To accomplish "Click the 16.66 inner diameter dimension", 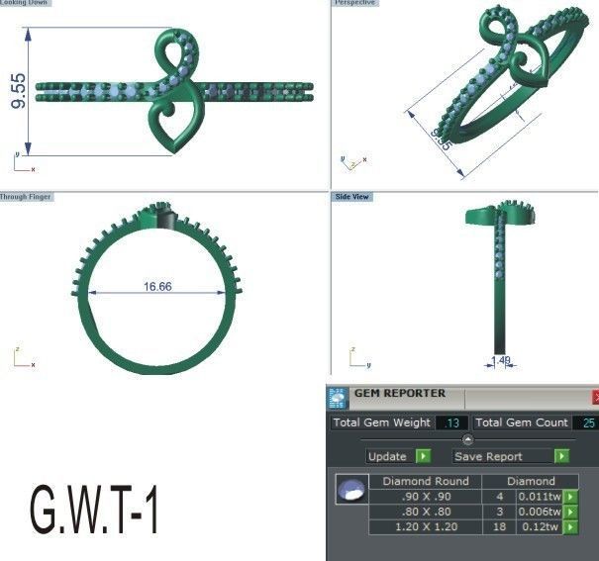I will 157,287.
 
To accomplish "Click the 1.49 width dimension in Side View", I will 502,361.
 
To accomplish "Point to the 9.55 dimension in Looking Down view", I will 19,91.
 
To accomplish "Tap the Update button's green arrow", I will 423,456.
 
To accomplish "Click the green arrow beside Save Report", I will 561,456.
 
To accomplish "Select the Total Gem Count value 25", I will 588,422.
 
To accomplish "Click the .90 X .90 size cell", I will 425,497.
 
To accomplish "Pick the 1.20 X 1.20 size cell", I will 425,527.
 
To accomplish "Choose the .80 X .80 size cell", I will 425,512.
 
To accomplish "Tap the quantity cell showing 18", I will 500,527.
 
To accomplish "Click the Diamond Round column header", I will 425,482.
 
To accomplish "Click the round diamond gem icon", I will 349,491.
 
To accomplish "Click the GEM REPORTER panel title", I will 400,394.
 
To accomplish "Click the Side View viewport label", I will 352,197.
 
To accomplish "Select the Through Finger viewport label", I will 26,197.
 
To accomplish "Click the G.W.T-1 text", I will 95,509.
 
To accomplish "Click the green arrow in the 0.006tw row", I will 569,512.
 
